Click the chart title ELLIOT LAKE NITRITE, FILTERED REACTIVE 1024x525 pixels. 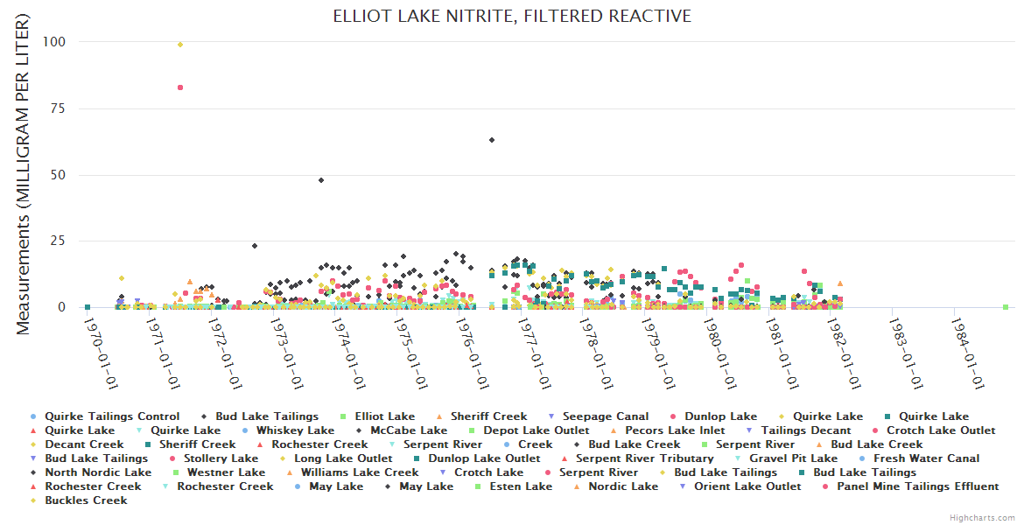coord(512,17)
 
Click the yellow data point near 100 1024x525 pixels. coord(180,45)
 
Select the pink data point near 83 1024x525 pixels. coord(180,87)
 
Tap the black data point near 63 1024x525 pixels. coord(492,140)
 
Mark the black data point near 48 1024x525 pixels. coord(321,180)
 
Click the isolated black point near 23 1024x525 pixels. coord(255,246)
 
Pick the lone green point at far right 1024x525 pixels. coord(1006,307)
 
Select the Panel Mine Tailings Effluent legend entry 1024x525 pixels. coord(917,486)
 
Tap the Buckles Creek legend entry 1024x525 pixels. coord(86,500)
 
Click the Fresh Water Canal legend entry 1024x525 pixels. coord(926,458)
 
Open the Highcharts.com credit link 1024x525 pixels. coord(982,518)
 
